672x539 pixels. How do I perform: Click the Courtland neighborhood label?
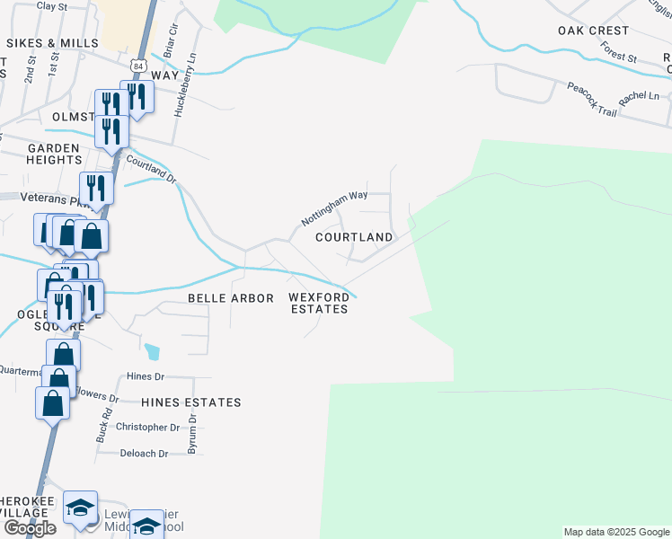[354, 237]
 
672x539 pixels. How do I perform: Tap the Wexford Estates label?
[319, 303]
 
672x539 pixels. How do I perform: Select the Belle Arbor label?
[230, 297]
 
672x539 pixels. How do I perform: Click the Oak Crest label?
[593, 31]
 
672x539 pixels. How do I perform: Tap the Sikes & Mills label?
[54, 43]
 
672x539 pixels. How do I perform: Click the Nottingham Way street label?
[334, 208]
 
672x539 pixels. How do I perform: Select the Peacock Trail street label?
[591, 100]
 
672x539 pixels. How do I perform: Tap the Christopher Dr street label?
[148, 428]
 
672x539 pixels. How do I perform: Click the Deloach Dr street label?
[144, 454]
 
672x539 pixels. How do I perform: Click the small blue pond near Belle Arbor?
[153, 351]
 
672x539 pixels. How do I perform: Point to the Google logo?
[29, 528]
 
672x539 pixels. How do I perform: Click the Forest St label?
[618, 51]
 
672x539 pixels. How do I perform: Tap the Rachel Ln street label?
[640, 95]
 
